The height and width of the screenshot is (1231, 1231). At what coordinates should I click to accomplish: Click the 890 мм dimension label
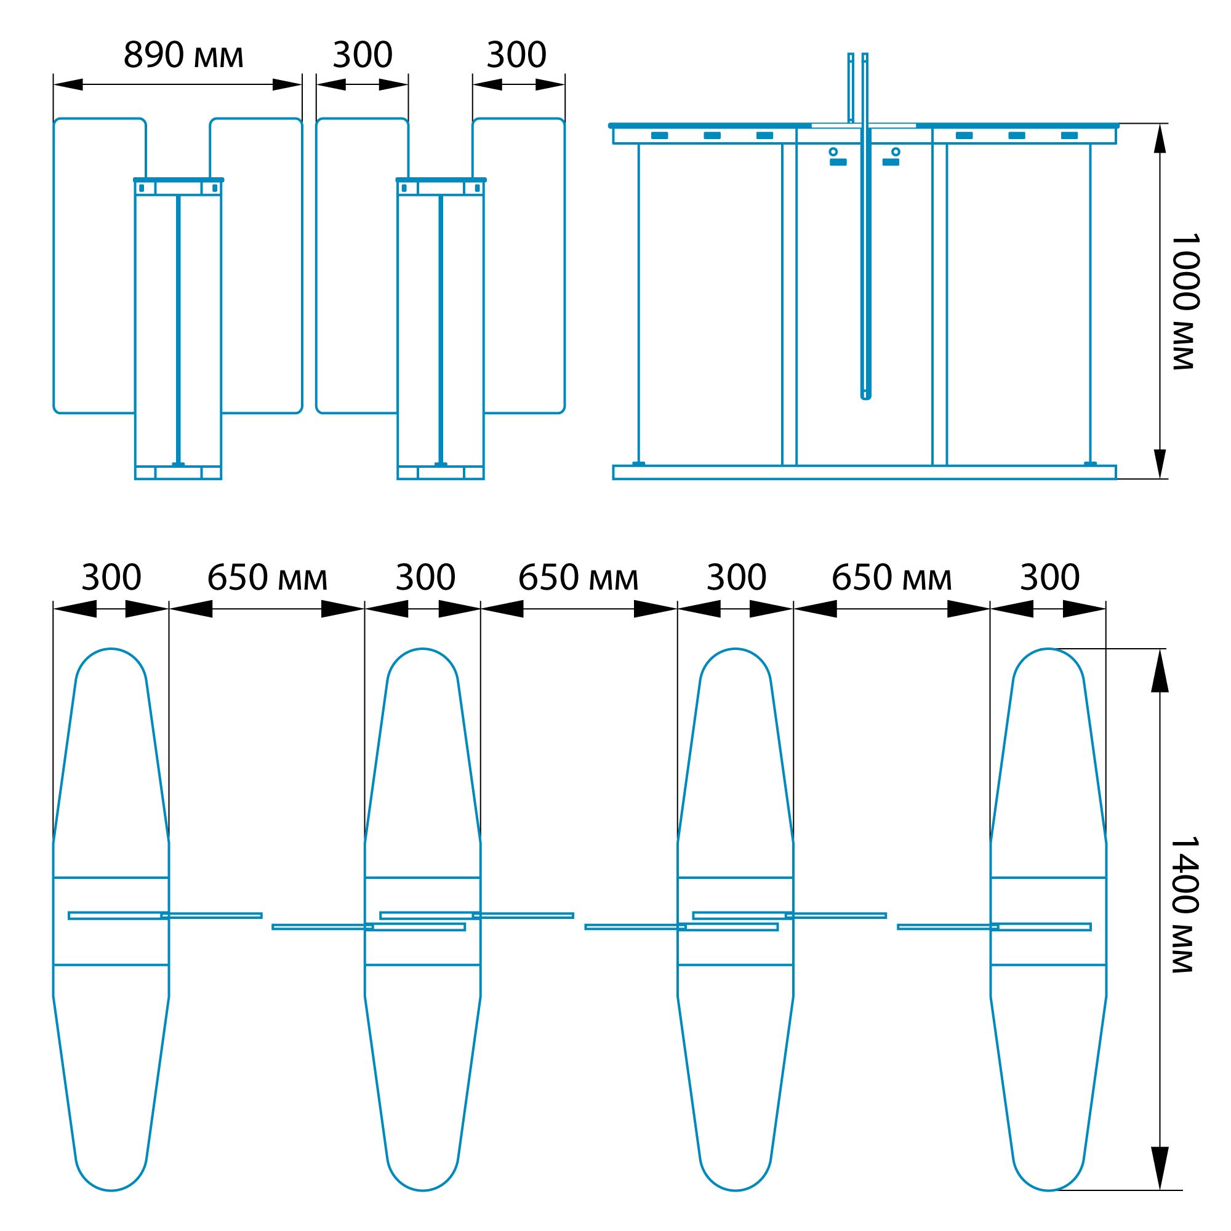click(183, 55)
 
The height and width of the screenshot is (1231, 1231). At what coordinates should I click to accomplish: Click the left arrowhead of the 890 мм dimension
click(68, 85)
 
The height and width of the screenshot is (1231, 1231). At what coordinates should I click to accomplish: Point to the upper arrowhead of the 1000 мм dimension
click(1160, 138)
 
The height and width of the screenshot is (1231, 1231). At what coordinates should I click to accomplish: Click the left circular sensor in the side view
click(833, 151)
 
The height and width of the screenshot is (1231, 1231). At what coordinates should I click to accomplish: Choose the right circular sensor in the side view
click(896, 151)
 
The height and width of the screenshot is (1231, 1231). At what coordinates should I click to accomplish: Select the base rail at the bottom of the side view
click(865, 472)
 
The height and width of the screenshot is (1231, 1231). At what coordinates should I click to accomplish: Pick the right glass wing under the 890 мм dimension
click(256, 266)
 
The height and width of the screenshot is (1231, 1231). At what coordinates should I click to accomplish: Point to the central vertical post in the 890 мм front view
click(178, 330)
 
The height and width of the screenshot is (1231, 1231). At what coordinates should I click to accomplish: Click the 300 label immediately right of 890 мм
click(363, 55)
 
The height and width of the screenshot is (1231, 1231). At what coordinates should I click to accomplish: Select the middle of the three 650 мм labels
click(578, 578)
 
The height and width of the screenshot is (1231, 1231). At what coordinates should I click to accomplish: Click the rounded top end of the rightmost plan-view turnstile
click(1048, 650)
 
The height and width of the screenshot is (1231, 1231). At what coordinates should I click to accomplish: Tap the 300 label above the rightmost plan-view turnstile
click(1049, 578)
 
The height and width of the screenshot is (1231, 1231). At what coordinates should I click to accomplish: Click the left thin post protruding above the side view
click(851, 87)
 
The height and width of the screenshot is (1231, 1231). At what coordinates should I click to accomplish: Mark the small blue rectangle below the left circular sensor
click(838, 162)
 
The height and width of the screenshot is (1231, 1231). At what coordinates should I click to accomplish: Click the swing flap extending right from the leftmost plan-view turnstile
click(211, 916)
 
